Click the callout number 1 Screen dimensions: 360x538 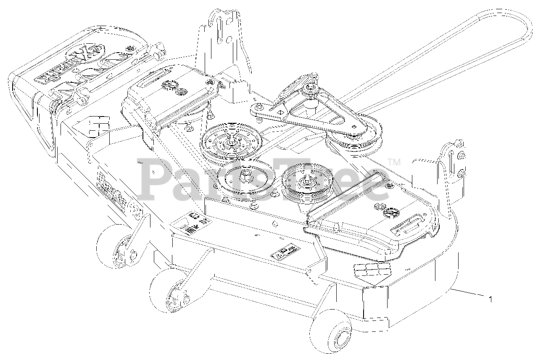pos(490,299)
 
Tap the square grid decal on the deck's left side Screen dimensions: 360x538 pos(99,125)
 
